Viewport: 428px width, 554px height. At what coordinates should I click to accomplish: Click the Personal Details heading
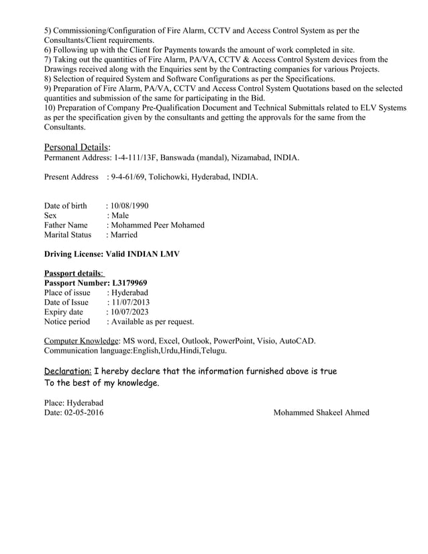coord(77,147)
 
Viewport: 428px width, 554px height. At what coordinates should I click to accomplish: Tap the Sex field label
coord(50,215)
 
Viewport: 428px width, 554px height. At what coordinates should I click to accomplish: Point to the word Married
coord(122,235)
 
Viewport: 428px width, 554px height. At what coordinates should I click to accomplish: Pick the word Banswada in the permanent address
coord(178,158)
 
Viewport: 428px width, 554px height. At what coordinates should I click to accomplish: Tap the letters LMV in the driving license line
coord(168,254)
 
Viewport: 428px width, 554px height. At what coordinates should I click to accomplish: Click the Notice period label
coord(66,321)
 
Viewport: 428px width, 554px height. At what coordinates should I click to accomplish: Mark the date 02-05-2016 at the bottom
coord(85,412)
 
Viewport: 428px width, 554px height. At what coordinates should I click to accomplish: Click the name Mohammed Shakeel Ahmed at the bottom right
coord(321,412)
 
